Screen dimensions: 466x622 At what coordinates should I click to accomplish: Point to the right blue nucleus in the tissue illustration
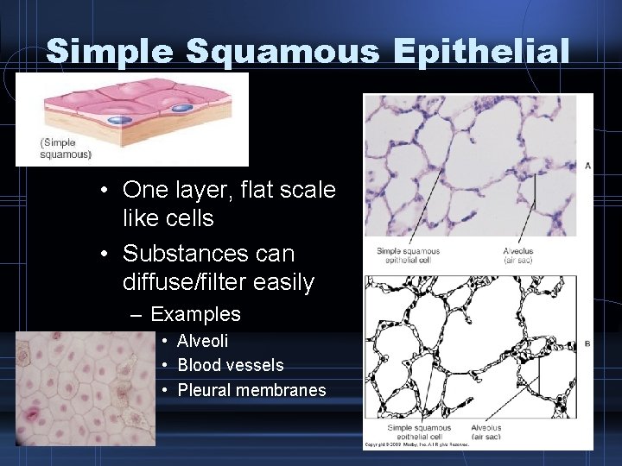[181, 108]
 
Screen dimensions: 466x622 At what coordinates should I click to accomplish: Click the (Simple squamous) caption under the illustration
[66, 148]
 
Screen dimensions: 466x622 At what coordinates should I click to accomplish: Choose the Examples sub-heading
[195, 314]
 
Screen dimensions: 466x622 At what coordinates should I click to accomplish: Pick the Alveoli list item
[203, 341]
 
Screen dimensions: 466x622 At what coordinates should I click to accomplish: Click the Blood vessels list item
[230, 365]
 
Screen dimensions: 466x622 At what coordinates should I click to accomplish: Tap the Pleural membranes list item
[251, 390]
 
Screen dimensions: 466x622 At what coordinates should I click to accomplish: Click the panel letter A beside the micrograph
[587, 165]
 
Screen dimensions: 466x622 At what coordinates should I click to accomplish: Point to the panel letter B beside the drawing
[587, 343]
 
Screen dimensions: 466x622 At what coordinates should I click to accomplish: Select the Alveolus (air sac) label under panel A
[517, 255]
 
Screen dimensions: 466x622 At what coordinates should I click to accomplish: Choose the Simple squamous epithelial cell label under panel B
[419, 432]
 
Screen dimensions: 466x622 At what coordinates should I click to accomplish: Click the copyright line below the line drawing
[416, 444]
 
